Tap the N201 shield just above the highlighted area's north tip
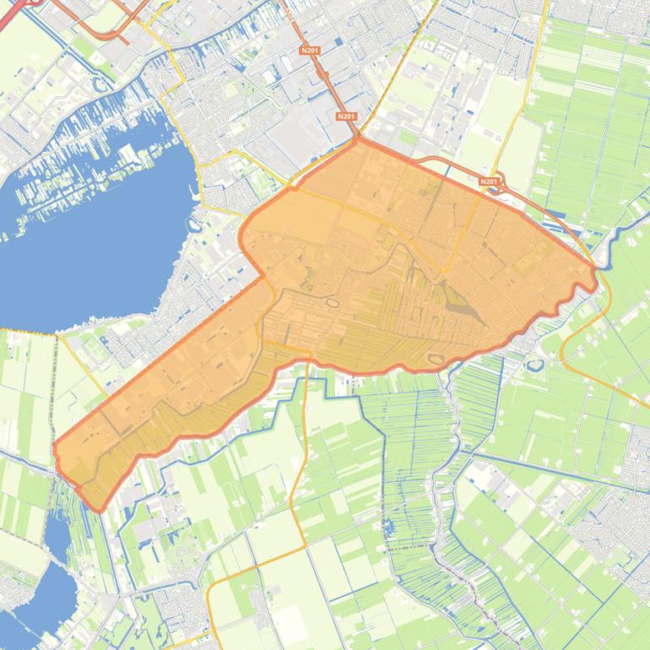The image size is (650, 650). (x=345, y=116)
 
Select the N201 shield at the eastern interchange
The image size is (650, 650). (x=489, y=181)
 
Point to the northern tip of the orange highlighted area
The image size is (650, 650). (x=358, y=140)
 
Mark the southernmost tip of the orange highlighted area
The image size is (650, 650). (x=100, y=510)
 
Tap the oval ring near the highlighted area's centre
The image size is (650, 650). (x=332, y=302)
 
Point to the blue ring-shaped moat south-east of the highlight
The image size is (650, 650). (x=535, y=365)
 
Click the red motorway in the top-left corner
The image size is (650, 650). (x=17, y=7)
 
